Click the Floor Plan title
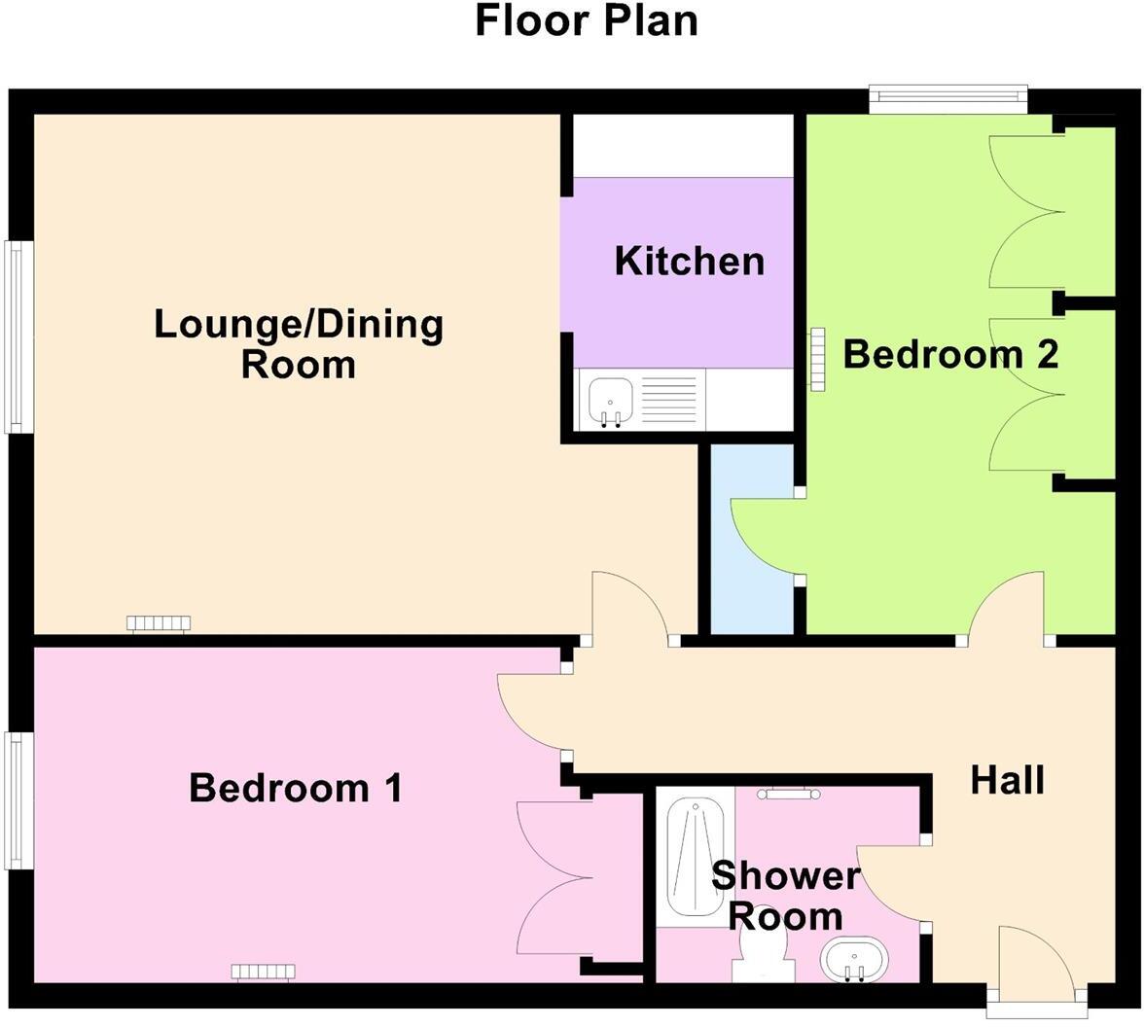click(x=586, y=21)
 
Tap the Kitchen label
click(x=689, y=262)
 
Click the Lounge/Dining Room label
click(x=299, y=343)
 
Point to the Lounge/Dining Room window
click(x=15, y=336)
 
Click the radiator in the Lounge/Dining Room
click(x=159, y=623)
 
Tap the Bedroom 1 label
click(x=295, y=788)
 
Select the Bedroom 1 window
click(x=15, y=799)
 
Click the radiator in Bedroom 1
click(x=263, y=971)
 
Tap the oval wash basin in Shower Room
click(x=853, y=961)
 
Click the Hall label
click(x=1007, y=780)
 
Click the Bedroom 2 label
click(x=949, y=354)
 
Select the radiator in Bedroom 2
click(x=817, y=359)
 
